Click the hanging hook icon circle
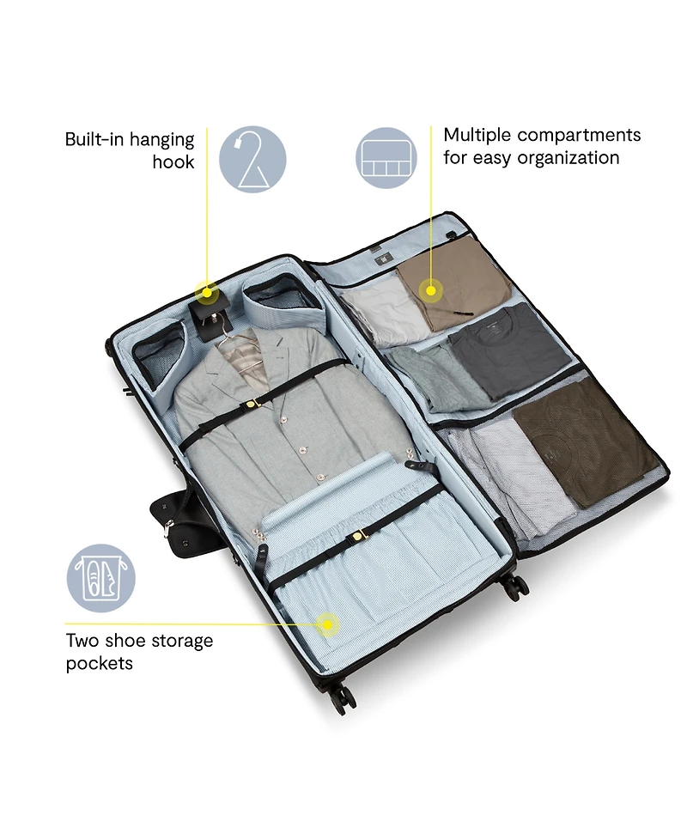(252, 160)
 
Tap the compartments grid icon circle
(386, 158)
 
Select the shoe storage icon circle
(100, 579)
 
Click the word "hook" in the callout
(173, 161)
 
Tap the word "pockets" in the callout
(99, 664)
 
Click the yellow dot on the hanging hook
(206, 293)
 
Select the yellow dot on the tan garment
(430, 291)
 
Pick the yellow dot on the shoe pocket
(326, 624)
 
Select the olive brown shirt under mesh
(584, 442)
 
